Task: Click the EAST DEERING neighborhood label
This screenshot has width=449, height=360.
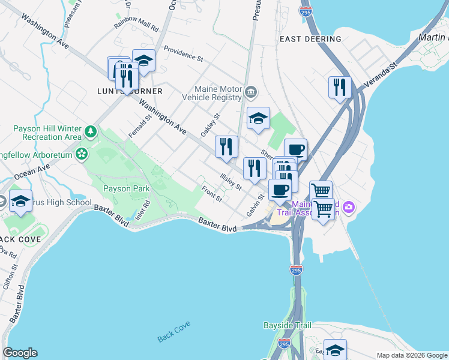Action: (x=310, y=39)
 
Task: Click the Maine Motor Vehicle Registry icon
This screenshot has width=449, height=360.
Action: (x=251, y=92)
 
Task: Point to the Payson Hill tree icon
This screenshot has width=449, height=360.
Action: (x=90, y=131)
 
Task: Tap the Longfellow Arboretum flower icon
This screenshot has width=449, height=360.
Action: (x=82, y=154)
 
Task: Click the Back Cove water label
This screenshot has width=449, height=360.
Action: (x=174, y=338)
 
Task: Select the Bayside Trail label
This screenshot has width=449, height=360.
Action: (x=288, y=326)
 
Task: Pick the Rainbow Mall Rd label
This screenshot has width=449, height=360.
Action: (x=136, y=28)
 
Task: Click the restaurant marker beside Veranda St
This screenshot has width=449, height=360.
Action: (x=340, y=87)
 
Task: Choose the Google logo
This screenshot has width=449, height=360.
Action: (x=20, y=353)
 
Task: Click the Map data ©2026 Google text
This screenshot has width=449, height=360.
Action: (x=411, y=355)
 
